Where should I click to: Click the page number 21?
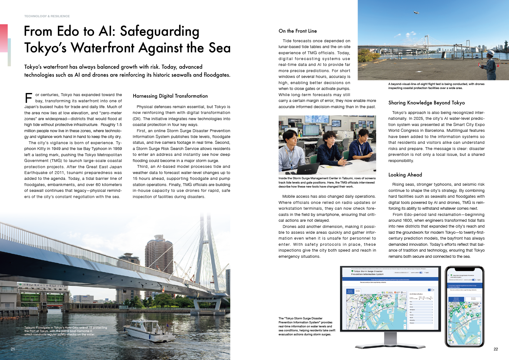13,349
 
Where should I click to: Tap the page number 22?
496,349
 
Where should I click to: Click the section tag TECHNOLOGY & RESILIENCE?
47,16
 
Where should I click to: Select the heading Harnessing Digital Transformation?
170,96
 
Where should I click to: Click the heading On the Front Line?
298,31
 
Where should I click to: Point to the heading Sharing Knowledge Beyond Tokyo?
427,103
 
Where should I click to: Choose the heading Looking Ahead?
405,175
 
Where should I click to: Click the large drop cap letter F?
28,98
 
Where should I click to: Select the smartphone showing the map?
464,306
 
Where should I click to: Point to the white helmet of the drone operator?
492,52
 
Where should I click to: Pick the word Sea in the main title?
219,48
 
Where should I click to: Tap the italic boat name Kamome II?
84,331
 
